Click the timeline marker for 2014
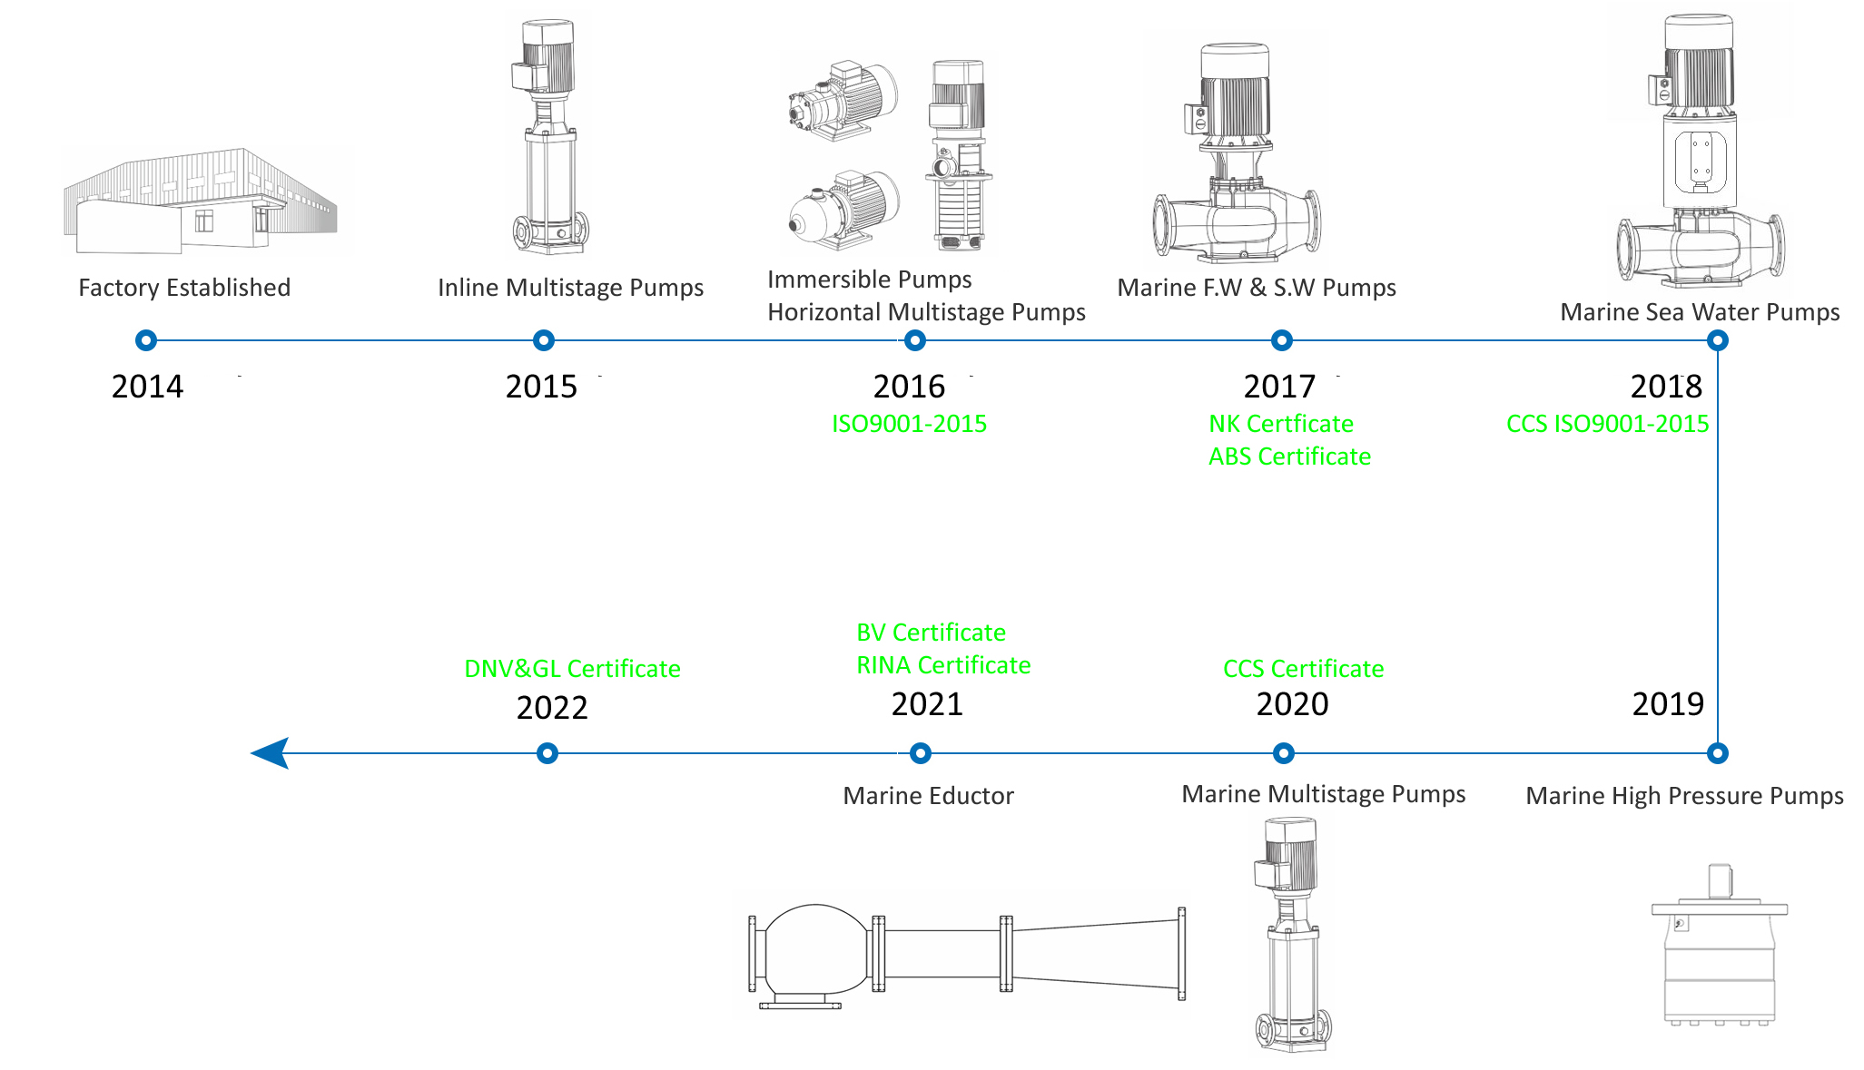pos(146,340)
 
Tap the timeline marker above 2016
pos(915,340)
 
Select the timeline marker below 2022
pos(547,753)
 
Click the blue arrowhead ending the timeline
pos(271,753)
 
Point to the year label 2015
pos(541,387)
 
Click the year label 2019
pos(1668,704)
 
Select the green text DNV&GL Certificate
pos(572,669)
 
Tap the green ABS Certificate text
pos(1289,456)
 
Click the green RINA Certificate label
pos(943,665)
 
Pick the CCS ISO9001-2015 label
pos(1607,424)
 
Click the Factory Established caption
pos(184,288)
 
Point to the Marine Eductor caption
pos(928,796)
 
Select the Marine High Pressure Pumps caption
pos(1684,796)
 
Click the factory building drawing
pos(200,201)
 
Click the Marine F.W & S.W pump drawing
pos(1237,154)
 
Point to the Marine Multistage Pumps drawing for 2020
pos(1291,935)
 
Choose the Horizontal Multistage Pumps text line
pos(926,312)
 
